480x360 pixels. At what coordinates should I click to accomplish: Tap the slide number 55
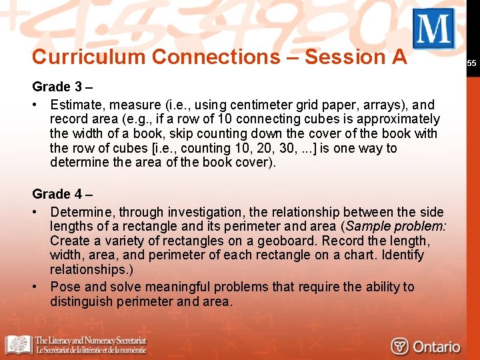[x=471, y=63]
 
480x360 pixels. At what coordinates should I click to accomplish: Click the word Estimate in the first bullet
[x=77, y=105]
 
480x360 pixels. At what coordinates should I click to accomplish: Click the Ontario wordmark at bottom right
[x=437, y=347]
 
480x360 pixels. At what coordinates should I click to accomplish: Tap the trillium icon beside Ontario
[x=400, y=347]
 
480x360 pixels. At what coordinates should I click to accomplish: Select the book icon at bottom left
[x=19, y=345]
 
